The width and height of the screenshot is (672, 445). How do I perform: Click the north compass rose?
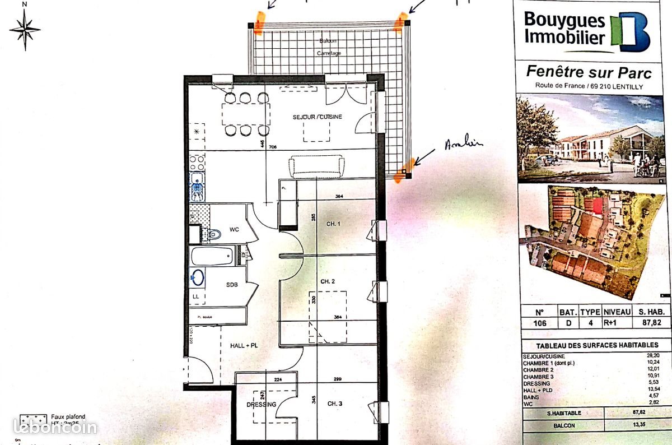(25, 28)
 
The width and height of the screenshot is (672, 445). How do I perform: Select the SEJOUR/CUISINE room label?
(317, 117)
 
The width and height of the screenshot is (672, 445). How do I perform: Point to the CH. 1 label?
(333, 224)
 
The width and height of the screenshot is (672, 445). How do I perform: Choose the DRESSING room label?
(261, 404)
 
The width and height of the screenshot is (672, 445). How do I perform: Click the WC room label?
(234, 230)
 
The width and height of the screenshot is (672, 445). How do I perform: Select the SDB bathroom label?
(232, 285)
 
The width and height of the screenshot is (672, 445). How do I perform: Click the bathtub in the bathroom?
(212, 257)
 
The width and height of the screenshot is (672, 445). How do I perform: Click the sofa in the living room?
(316, 166)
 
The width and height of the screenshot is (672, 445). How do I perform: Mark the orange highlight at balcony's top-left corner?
(258, 24)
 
